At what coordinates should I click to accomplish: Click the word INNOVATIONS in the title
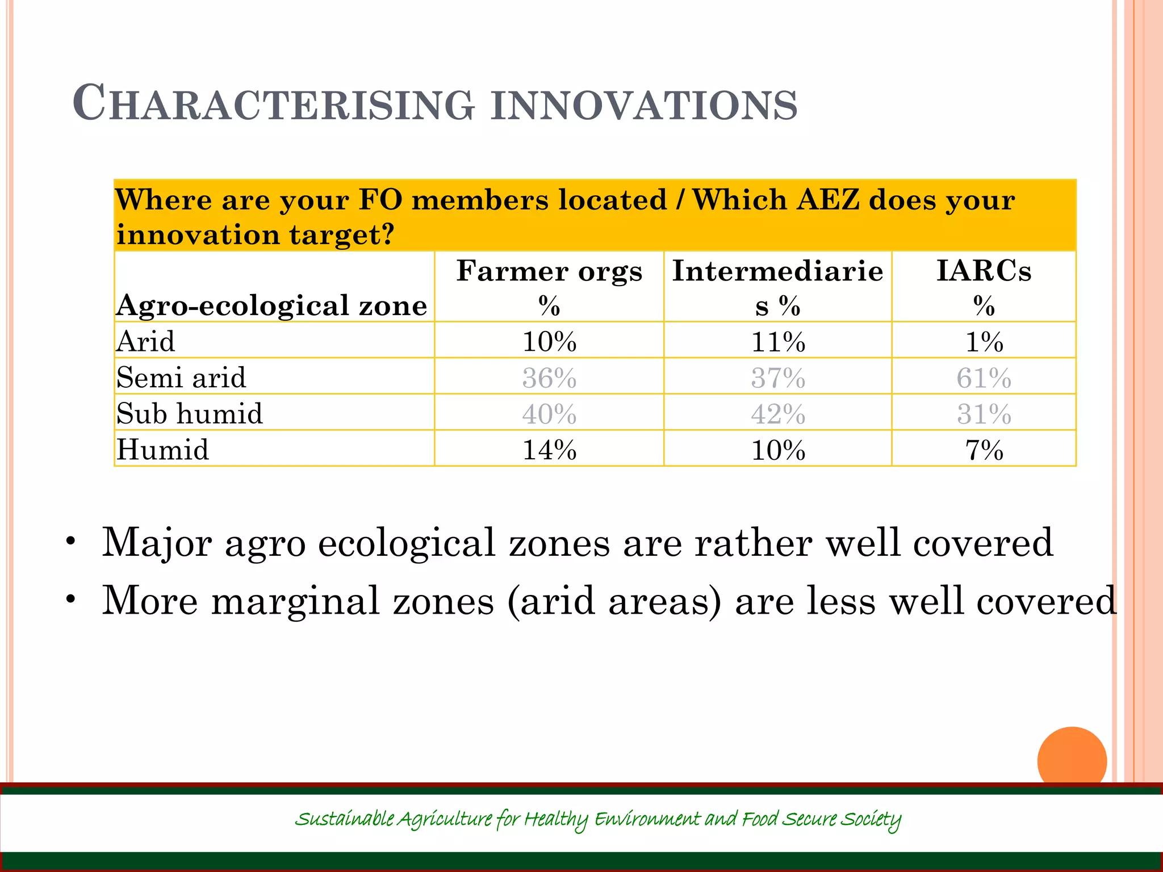(x=644, y=105)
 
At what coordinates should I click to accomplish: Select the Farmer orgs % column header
(x=549, y=287)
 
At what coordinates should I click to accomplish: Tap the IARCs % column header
(x=984, y=287)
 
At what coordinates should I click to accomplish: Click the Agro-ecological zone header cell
(x=271, y=305)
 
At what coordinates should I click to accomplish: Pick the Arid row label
(x=146, y=341)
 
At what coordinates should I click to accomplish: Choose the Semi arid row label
(x=181, y=378)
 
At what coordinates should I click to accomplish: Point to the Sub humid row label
(x=190, y=413)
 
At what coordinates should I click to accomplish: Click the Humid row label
(x=163, y=450)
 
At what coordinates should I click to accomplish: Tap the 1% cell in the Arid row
(x=984, y=342)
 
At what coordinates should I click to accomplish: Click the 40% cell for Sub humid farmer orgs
(x=549, y=414)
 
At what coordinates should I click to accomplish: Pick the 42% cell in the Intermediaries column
(x=778, y=414)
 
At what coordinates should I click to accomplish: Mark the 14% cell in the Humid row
(x=549, y=450)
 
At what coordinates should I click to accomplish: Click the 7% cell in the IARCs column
(x=984, y=450)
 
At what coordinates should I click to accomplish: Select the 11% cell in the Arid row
(x=778, y=342)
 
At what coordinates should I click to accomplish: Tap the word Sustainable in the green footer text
(x=344, y=819)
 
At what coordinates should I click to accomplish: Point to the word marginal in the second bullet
(x=295, y=601)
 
